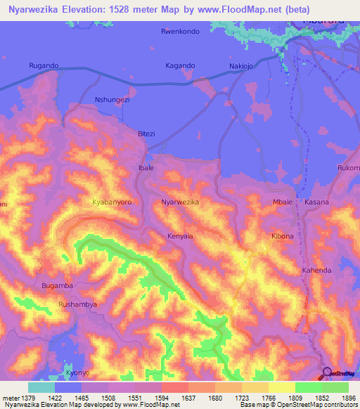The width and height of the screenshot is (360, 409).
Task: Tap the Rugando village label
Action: click(x=44, y=65)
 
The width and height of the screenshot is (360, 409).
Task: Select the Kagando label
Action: click(x=181, y=65)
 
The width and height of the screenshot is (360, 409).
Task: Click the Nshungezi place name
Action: click(x=112, y=100)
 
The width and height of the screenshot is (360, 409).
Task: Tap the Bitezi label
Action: click(x=146, y=134)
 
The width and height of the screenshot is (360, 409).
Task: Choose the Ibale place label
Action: click(x=146, y=169)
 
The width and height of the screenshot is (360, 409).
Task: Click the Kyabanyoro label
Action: click(x=112, y=202)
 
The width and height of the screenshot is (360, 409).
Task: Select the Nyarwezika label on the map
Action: click(x=181, y=202)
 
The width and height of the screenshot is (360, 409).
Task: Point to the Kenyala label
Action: click(x=180, y=236)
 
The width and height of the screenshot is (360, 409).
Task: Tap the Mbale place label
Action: click(x=282, y=202)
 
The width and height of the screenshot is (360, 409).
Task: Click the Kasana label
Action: click(x=316, y=202)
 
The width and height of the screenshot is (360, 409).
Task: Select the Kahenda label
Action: click(x=316, y=270)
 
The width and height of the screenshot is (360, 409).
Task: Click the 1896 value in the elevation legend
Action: click(x=348, y=398)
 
